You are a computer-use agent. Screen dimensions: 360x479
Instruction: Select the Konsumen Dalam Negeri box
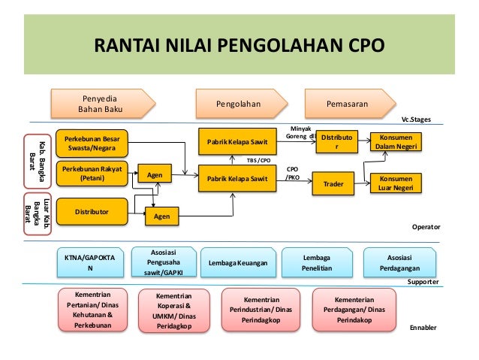point(396,142)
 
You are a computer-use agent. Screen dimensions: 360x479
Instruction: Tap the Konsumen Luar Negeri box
point(396,183)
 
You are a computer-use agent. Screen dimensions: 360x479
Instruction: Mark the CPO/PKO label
point(294,174)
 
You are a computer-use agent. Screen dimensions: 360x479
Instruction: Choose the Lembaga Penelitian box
point(316,262)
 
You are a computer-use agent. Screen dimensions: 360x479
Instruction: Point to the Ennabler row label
point(422,328)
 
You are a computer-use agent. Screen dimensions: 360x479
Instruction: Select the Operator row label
point(425,226)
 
